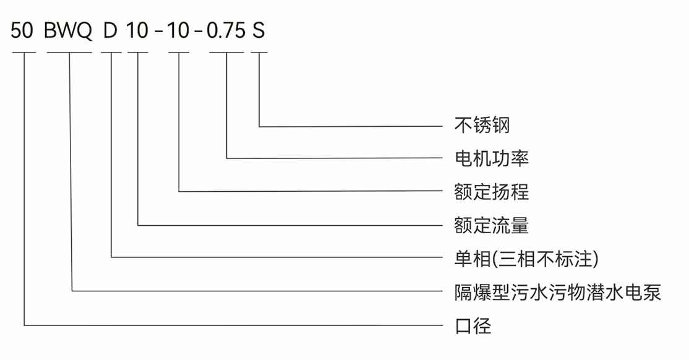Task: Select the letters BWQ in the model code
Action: click(x=69, y=31)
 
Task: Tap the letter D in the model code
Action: click(x=111, y=31)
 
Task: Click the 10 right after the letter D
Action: click(x=137, y=31)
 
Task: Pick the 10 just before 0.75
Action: click(x=179, y=31)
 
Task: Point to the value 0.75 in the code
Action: click(x=226, y=31)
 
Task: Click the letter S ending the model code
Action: click(x=259, y=31)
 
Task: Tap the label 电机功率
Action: click(x=491, y=158)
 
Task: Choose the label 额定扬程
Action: click(x=491, y=191)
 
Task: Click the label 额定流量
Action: click(x=491, y=225)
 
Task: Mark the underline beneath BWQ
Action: click(x=69, y=53)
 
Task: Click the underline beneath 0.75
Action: click(x=226, y=53)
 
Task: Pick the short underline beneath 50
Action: click(x=24, y=53)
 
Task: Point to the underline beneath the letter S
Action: click(x=259, y=53)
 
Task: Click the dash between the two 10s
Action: click(x=158, y=32)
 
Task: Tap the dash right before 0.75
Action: click(x=199, y=32)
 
